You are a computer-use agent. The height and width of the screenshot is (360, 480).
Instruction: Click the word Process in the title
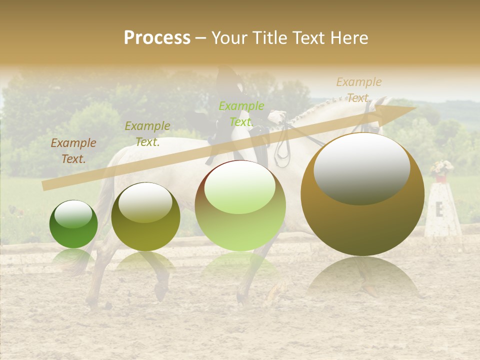[157, 38]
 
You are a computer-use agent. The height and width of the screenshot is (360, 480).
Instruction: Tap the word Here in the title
[348, 38]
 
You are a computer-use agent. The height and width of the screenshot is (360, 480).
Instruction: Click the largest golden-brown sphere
[362, 200]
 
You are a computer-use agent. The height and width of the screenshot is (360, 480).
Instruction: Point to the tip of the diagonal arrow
[414, 108]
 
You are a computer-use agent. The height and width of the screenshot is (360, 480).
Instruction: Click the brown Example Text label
[73, 151]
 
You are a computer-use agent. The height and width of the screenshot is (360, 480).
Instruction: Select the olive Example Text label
[147, 134]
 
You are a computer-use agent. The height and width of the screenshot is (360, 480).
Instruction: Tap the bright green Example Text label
[241, 114]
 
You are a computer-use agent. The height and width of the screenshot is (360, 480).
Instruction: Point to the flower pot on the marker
[440, 177]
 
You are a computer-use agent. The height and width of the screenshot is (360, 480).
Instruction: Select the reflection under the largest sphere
[362, 280]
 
